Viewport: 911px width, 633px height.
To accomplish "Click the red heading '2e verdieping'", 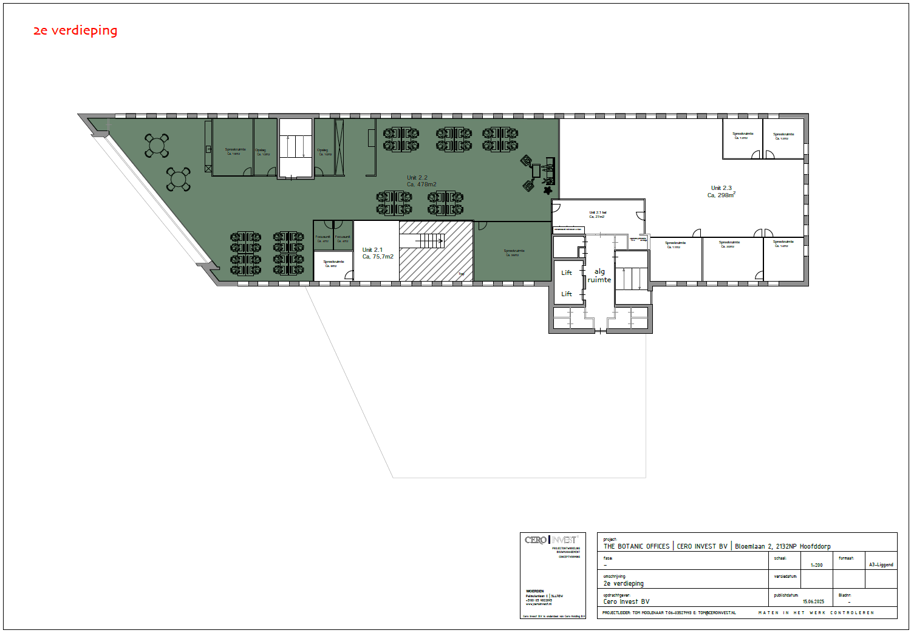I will [75, 30].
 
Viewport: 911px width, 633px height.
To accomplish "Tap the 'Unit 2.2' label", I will [417, 178].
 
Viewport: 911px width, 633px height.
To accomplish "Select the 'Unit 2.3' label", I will [722, 188].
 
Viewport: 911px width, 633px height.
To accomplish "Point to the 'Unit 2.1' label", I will [372, 250].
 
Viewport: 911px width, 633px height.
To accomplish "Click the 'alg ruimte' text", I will [599, 276].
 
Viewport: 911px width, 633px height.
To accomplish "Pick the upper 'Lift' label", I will [567, 273].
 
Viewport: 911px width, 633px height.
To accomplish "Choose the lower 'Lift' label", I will [567, 294].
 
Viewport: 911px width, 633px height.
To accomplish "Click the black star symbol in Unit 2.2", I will [548, 191].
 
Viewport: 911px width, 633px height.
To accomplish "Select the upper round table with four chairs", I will [157, 145].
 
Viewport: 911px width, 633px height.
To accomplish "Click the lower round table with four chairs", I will [179, 179].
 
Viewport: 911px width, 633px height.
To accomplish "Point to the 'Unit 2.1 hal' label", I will [598, 212].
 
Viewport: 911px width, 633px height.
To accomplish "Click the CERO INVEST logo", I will [551, 540].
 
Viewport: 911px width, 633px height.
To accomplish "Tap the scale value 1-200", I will [816, 565].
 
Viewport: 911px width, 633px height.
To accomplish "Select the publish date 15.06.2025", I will [813, 601].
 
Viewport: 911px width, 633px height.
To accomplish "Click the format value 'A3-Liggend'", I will [881, 565].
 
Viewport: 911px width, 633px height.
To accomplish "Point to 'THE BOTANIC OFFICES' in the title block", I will [636, 546].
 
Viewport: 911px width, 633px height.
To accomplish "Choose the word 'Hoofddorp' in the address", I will [815, 546].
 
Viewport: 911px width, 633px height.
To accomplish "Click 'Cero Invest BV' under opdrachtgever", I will [626, 601].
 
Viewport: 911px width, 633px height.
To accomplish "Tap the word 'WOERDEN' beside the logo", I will [535, 591].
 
